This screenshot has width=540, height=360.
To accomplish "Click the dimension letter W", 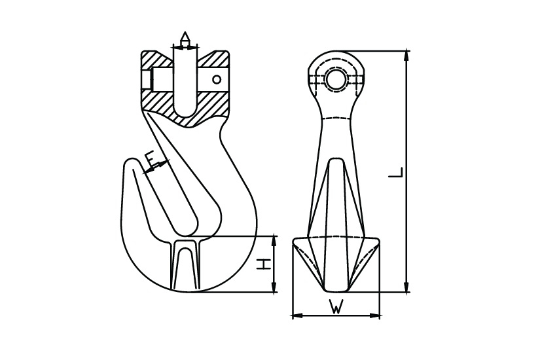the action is pos(336,306).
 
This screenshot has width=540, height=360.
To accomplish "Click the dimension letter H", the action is pos(263,264).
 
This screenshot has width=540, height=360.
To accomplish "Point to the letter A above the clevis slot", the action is pos(185,37).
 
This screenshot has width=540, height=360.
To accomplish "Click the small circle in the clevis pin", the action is pos(216,80).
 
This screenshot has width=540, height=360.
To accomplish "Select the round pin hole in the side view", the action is pos(336,80).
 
